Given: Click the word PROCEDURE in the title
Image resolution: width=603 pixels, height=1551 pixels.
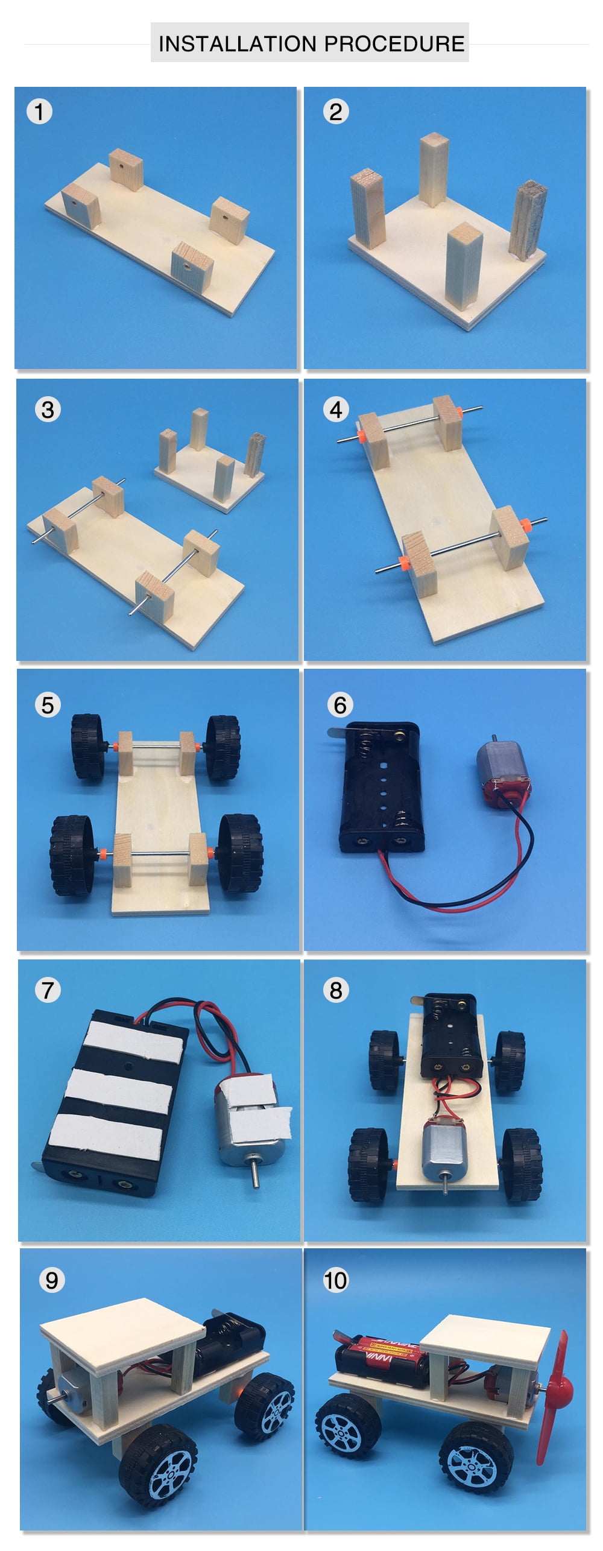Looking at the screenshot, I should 394,44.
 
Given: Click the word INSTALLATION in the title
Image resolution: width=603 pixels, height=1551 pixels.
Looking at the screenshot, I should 237,44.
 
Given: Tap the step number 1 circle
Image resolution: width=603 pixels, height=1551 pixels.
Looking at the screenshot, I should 39,112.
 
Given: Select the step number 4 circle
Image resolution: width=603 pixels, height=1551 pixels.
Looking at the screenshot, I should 336,410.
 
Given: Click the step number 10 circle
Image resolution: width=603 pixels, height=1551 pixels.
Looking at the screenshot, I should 336,1280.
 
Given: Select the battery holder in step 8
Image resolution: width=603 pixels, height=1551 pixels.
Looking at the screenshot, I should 449,1036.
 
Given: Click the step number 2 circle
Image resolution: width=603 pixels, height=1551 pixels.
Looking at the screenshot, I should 336,112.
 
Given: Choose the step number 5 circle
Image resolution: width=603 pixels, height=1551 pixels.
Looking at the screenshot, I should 48,705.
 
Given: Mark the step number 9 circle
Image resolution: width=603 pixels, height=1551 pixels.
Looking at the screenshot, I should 52,1280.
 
